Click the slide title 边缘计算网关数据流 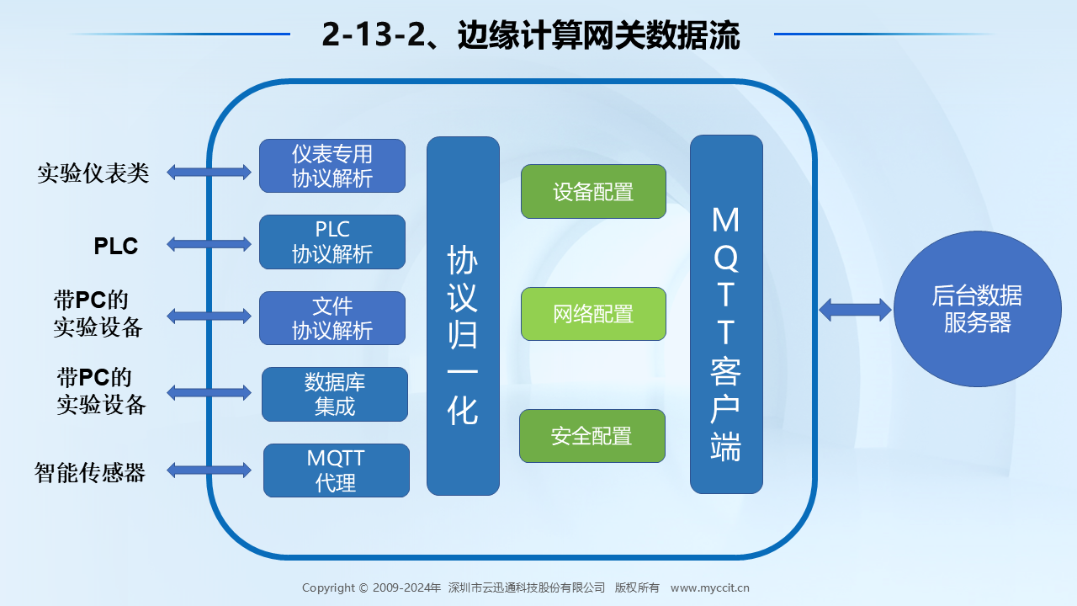click(598, 35)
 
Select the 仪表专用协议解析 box click(332, 166)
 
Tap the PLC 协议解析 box click(332, 242)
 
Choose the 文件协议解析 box click(332, 318)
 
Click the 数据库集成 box click(335, 395)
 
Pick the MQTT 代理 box click(337, 470)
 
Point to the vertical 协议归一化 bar click(463, 316)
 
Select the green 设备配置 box click(593, 191)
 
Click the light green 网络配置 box click(593, 314)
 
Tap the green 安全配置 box click(592, 436)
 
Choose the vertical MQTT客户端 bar click(726, 315)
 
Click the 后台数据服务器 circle click(978, 309)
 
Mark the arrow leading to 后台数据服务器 click(856, 310)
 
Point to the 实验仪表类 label click(93, 173)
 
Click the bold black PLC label click(116, 246)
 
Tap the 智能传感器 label click(90, 472)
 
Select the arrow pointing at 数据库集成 click(210, 392)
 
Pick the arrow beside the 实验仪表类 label click(210, 173)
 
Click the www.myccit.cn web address click(709, 587)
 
